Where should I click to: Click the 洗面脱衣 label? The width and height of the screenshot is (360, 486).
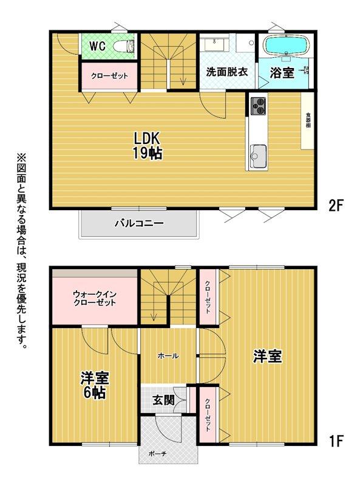[226, 71]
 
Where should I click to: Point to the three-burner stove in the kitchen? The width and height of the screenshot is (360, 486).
[257, 106]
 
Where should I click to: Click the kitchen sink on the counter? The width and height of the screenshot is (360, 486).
[256, 157]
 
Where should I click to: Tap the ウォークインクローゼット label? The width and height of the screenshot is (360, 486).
[94, 299]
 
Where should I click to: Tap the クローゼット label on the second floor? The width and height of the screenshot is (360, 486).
[109, 76]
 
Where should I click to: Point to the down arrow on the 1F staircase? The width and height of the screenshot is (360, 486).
[154, 315]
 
